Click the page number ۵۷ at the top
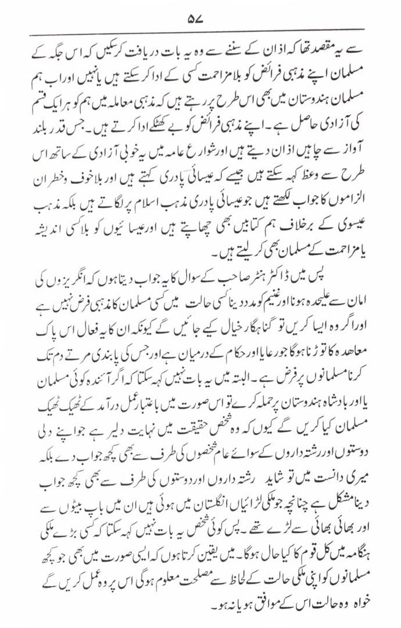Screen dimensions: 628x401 tap(194, 18)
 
